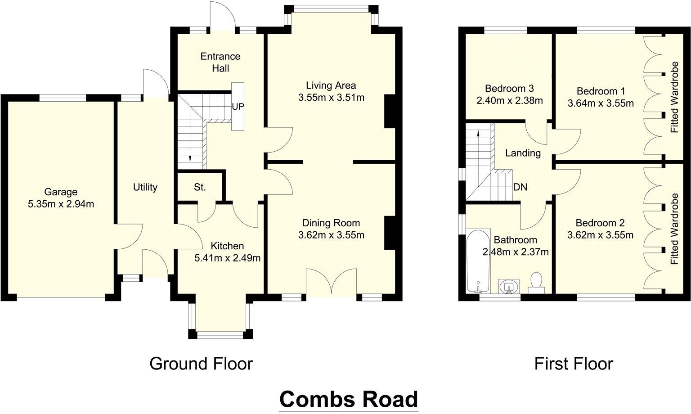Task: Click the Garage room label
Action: [61, 192]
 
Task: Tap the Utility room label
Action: [145, 187]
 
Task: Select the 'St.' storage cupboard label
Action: [200, 187]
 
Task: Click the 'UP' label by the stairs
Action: [238, 107]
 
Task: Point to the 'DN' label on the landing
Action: [520, 187]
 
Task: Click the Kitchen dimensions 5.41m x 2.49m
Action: [227, 258]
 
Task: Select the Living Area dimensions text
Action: [331, 97]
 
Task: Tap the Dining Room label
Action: [331, 223]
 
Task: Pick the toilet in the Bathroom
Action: [536, 282]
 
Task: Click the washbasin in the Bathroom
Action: [509, 286]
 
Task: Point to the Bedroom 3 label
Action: [509, 88]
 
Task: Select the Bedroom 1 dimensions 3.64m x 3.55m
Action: [601, 103]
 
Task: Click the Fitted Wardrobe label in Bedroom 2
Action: [674, 229]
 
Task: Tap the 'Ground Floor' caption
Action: [201, 364]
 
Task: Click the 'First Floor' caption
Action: [573, 364]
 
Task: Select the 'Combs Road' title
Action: [349, 399]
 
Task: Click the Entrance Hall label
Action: [220, 62]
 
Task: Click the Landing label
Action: [522, 153]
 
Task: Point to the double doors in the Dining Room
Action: [331, 283]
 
